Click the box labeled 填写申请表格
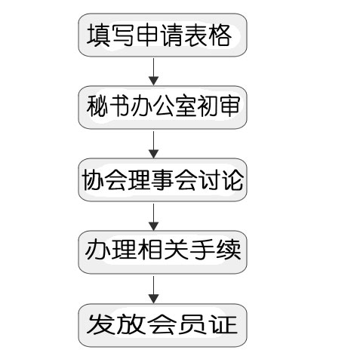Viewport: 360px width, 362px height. (x=162, y=35)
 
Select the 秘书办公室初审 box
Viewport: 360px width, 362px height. (x=162, y=107)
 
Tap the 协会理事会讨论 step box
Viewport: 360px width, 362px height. (x=162, y=179)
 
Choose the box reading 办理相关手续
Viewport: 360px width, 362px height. (x=162, y=252)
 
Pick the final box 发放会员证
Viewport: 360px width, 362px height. (x=162, y=325)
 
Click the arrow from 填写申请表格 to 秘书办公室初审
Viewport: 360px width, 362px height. (x=153, y=72)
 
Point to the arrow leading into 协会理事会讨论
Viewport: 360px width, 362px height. (x=153, y=144)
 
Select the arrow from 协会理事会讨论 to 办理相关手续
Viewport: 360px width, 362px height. (x=153, y=216)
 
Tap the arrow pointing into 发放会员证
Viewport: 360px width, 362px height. (x=153, y=290)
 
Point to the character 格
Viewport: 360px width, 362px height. (x=220, y=35)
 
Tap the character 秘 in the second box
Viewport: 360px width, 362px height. (x=97, y=106)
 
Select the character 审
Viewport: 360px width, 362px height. (x=229, y=106)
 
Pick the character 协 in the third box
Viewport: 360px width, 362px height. (x=93, y=179)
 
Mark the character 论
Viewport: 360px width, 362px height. (x=233, y=179)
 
